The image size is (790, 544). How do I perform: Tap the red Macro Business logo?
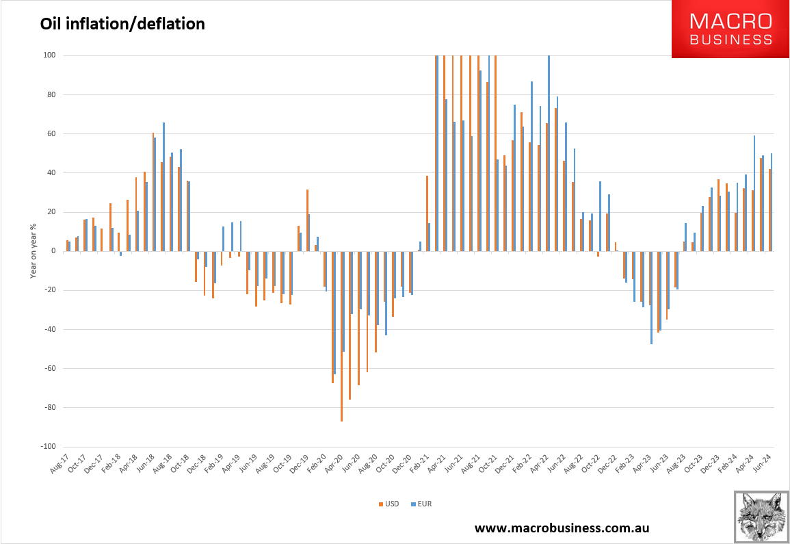(730, 29)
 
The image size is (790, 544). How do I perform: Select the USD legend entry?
(390, 504)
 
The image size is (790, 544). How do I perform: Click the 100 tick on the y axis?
(49, 55)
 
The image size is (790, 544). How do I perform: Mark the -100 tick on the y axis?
(47, 447)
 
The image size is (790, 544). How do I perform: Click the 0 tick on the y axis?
(52, 251)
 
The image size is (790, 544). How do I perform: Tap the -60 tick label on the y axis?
(49, 369)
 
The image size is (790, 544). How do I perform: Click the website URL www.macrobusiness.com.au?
(562, 528)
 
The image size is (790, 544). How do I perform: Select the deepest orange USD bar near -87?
(341, 336)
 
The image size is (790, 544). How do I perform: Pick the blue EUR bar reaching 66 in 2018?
(164, 187)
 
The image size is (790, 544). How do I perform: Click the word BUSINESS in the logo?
(730, 40)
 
